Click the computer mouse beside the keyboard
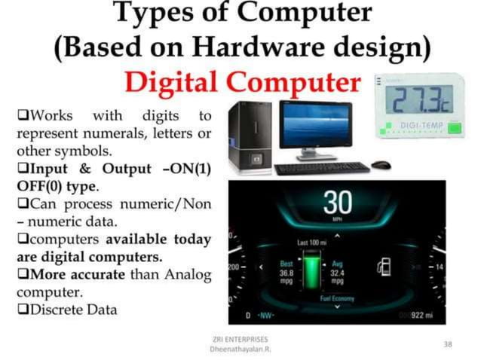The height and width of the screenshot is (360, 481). (x=381, y=164)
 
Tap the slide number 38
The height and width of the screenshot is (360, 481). (x=448, y=344)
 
